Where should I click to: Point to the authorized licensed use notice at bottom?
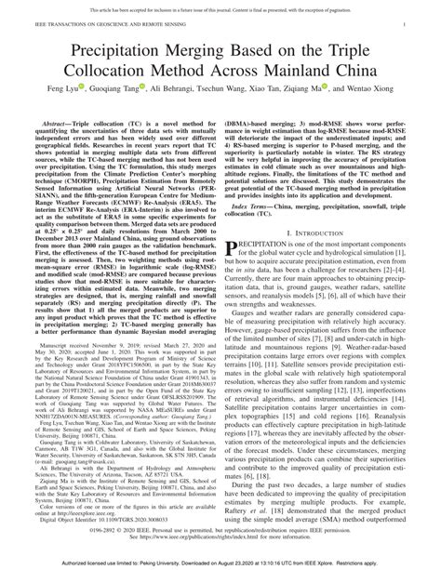coord(220,562)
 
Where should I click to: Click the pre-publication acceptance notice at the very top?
coord(220,5)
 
